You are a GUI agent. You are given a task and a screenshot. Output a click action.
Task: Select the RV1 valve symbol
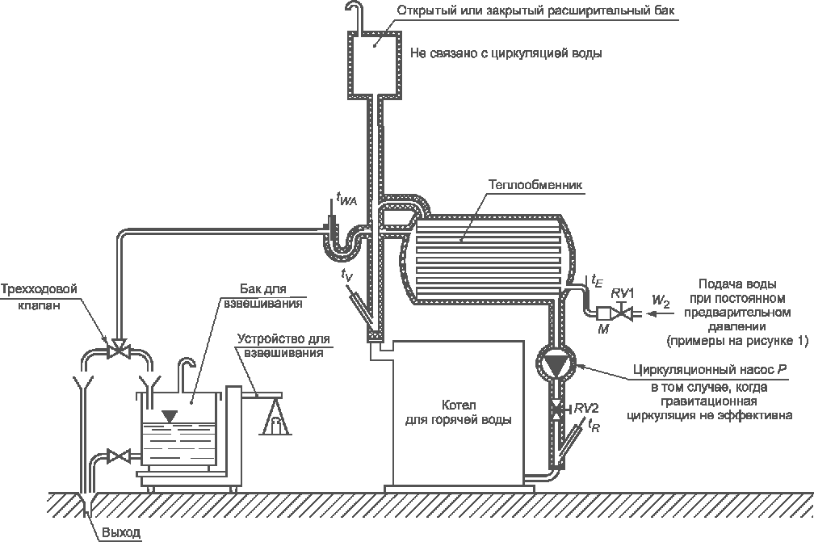click(621, 313)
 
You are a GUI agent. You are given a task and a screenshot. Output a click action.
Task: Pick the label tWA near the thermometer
click(346, 197)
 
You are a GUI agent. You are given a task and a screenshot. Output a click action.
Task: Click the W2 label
click(661, 303)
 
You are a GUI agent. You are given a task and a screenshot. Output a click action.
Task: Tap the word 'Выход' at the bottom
click(120, 533)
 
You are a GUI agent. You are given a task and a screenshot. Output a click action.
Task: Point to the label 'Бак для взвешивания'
click(271, 296)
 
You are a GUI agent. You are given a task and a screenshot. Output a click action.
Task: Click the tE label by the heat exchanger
click(597, 281)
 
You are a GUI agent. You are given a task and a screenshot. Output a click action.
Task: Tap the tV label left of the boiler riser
click(346, 276)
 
